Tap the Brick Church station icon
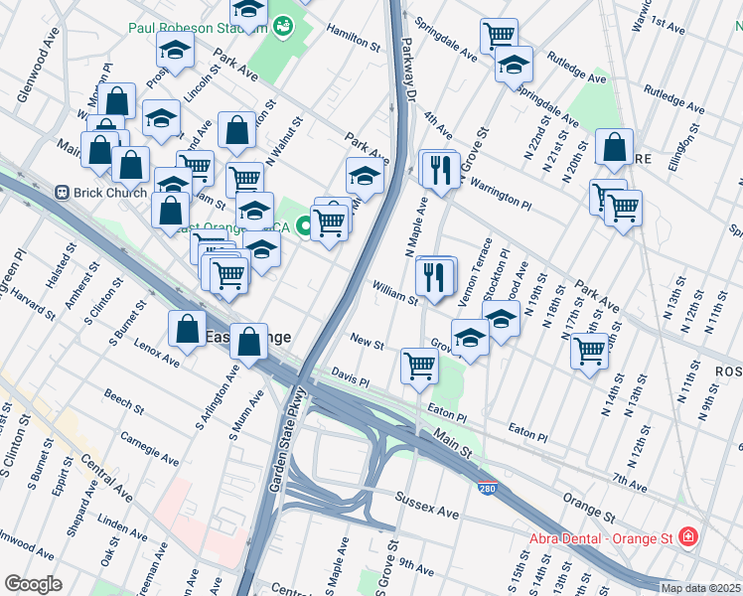[x=62, y=192]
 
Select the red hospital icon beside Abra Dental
[x=687, y=537]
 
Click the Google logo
[x=33, y=584]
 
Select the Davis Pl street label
[x=351, y=380]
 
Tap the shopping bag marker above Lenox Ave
[x=188, y=330]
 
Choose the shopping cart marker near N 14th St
[x=590, y=350]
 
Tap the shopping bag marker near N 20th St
[x=615, y=148]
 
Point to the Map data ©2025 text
[x=700, y=588]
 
